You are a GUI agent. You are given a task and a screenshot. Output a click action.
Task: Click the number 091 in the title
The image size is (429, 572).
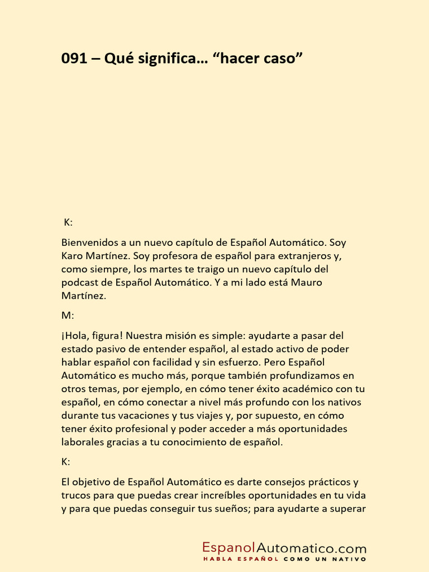click(x=75, y=59)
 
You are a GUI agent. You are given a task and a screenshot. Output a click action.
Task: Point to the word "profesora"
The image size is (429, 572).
click(x=179, y=256)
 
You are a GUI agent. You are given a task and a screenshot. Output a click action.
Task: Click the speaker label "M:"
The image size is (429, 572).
click(x=68, y=316)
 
